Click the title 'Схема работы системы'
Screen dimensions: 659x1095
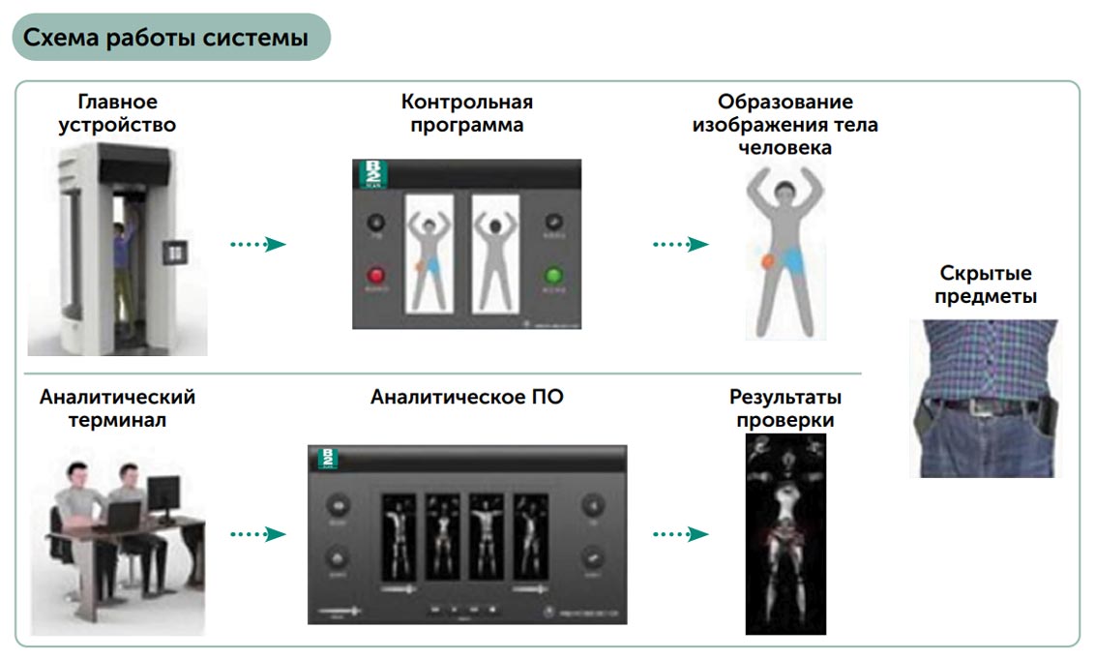[165, 39]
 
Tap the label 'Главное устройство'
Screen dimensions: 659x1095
[117, 113]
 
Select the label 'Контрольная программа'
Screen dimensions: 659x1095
[466, 113]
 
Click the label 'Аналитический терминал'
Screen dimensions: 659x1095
[117, 408]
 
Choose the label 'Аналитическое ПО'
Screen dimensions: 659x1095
[466, 397]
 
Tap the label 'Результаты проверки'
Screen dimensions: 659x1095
[784, 408]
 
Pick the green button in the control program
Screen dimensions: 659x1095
[555, 275]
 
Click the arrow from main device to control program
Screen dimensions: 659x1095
[258, 245]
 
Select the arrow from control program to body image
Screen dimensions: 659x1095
[680, 245]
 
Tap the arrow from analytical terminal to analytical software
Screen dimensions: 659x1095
[258, 533]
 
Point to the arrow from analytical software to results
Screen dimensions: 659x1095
[680, 533]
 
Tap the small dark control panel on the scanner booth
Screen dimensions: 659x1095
[175, 254]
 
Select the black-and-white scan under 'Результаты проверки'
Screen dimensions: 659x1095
[785, 533]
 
